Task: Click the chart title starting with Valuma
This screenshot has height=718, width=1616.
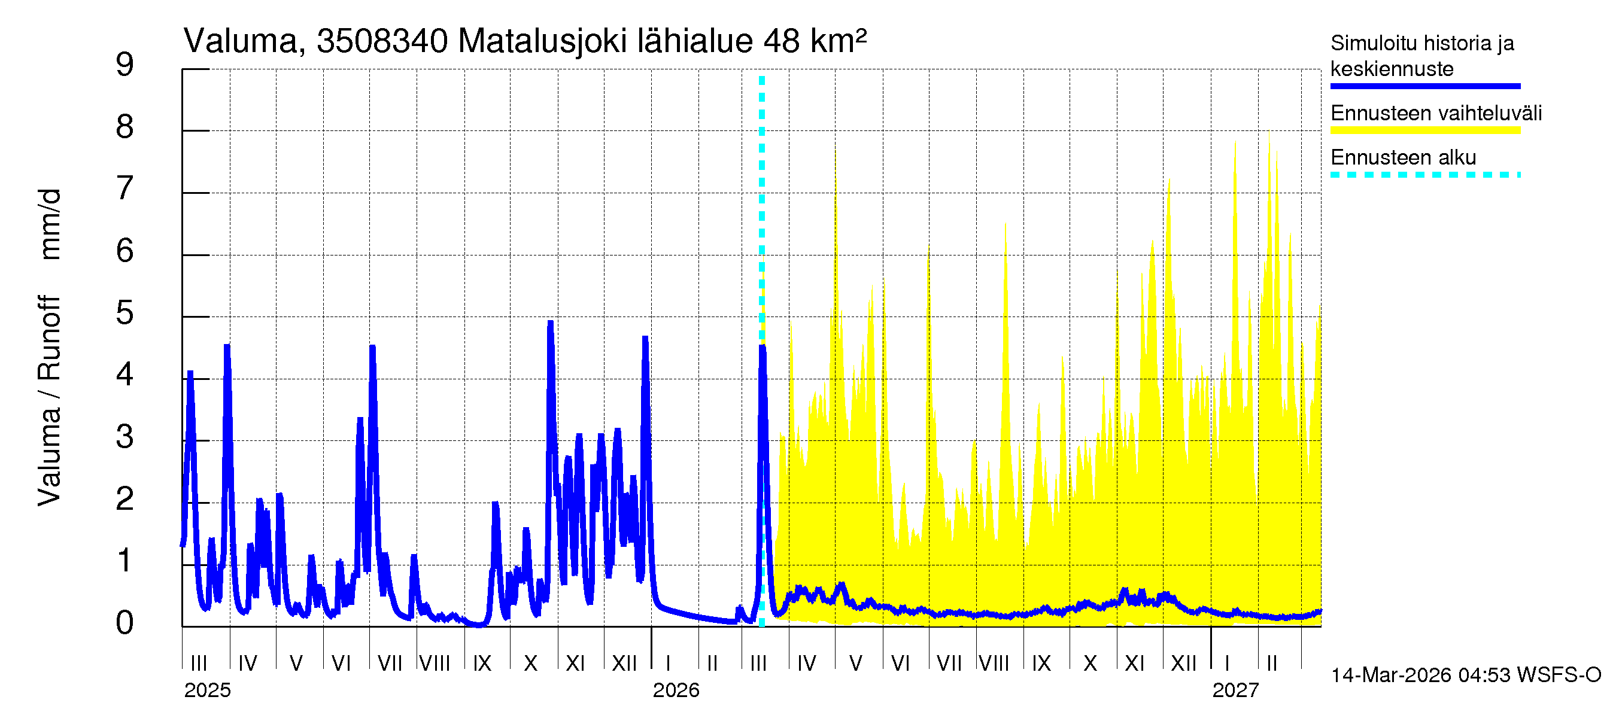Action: [524, 41]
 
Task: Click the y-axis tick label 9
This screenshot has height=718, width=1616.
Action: [125, 65]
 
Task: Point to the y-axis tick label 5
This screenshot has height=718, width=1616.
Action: [125, 313]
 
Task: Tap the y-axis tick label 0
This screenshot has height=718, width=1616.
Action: [125, 623]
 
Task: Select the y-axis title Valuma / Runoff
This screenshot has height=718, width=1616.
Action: [49, 401]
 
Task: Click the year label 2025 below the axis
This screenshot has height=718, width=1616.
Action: [207, 690]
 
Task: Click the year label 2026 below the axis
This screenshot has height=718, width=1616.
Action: [676, 690]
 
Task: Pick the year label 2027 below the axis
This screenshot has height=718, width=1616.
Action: [1235, 690]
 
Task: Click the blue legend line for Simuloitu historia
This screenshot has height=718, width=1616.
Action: [1424, 86]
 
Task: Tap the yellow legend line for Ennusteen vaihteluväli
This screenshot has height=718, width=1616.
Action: [1424, 130]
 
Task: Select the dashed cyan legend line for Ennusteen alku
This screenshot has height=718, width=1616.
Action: [1424, 175]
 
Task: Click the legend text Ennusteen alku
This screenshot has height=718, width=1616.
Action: [1403, 157]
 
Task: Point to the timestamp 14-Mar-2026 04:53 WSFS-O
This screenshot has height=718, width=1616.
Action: [1465, 676]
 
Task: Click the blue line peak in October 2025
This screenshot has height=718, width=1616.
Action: [550, 323]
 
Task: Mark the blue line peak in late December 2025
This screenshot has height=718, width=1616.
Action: [645, 339]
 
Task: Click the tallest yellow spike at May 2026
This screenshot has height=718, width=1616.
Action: [836, 154]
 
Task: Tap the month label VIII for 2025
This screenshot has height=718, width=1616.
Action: [434, 664]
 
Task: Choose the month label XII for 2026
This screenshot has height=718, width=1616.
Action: [1183, 664]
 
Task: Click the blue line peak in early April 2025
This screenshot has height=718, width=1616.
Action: [227, 346]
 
